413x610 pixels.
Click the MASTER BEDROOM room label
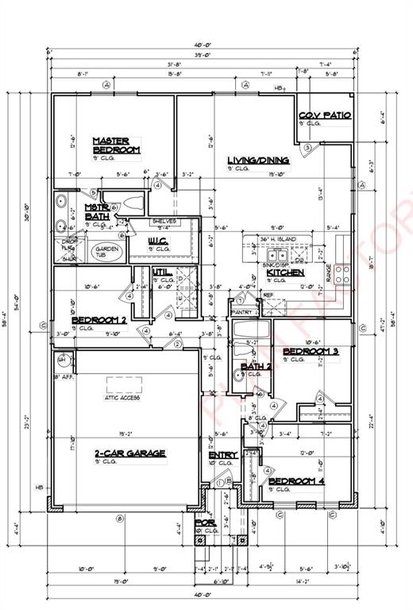click(x=116, y=145)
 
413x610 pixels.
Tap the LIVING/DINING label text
click(x=258, y=160)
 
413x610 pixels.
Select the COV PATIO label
click(x=325, y=115)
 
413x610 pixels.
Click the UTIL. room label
click(x=163, y=272)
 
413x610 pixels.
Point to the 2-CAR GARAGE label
click(x=130, y=453)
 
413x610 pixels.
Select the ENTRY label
click(x=223, y=455)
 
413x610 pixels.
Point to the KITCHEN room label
click(x=285, y=272)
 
